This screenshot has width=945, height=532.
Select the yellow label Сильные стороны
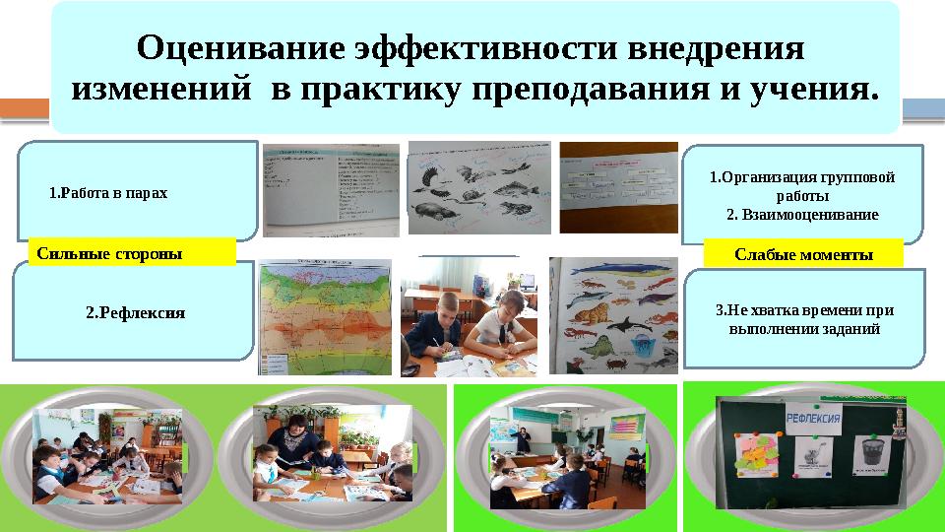pos(109,253)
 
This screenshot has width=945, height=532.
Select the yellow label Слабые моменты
pos(803,254)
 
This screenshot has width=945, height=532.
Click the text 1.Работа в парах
pos(108,193)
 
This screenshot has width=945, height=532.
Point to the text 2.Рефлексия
pos(136,313)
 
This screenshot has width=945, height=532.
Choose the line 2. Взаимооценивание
pos(801,214)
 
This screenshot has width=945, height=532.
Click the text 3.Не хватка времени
pos(803,310)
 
